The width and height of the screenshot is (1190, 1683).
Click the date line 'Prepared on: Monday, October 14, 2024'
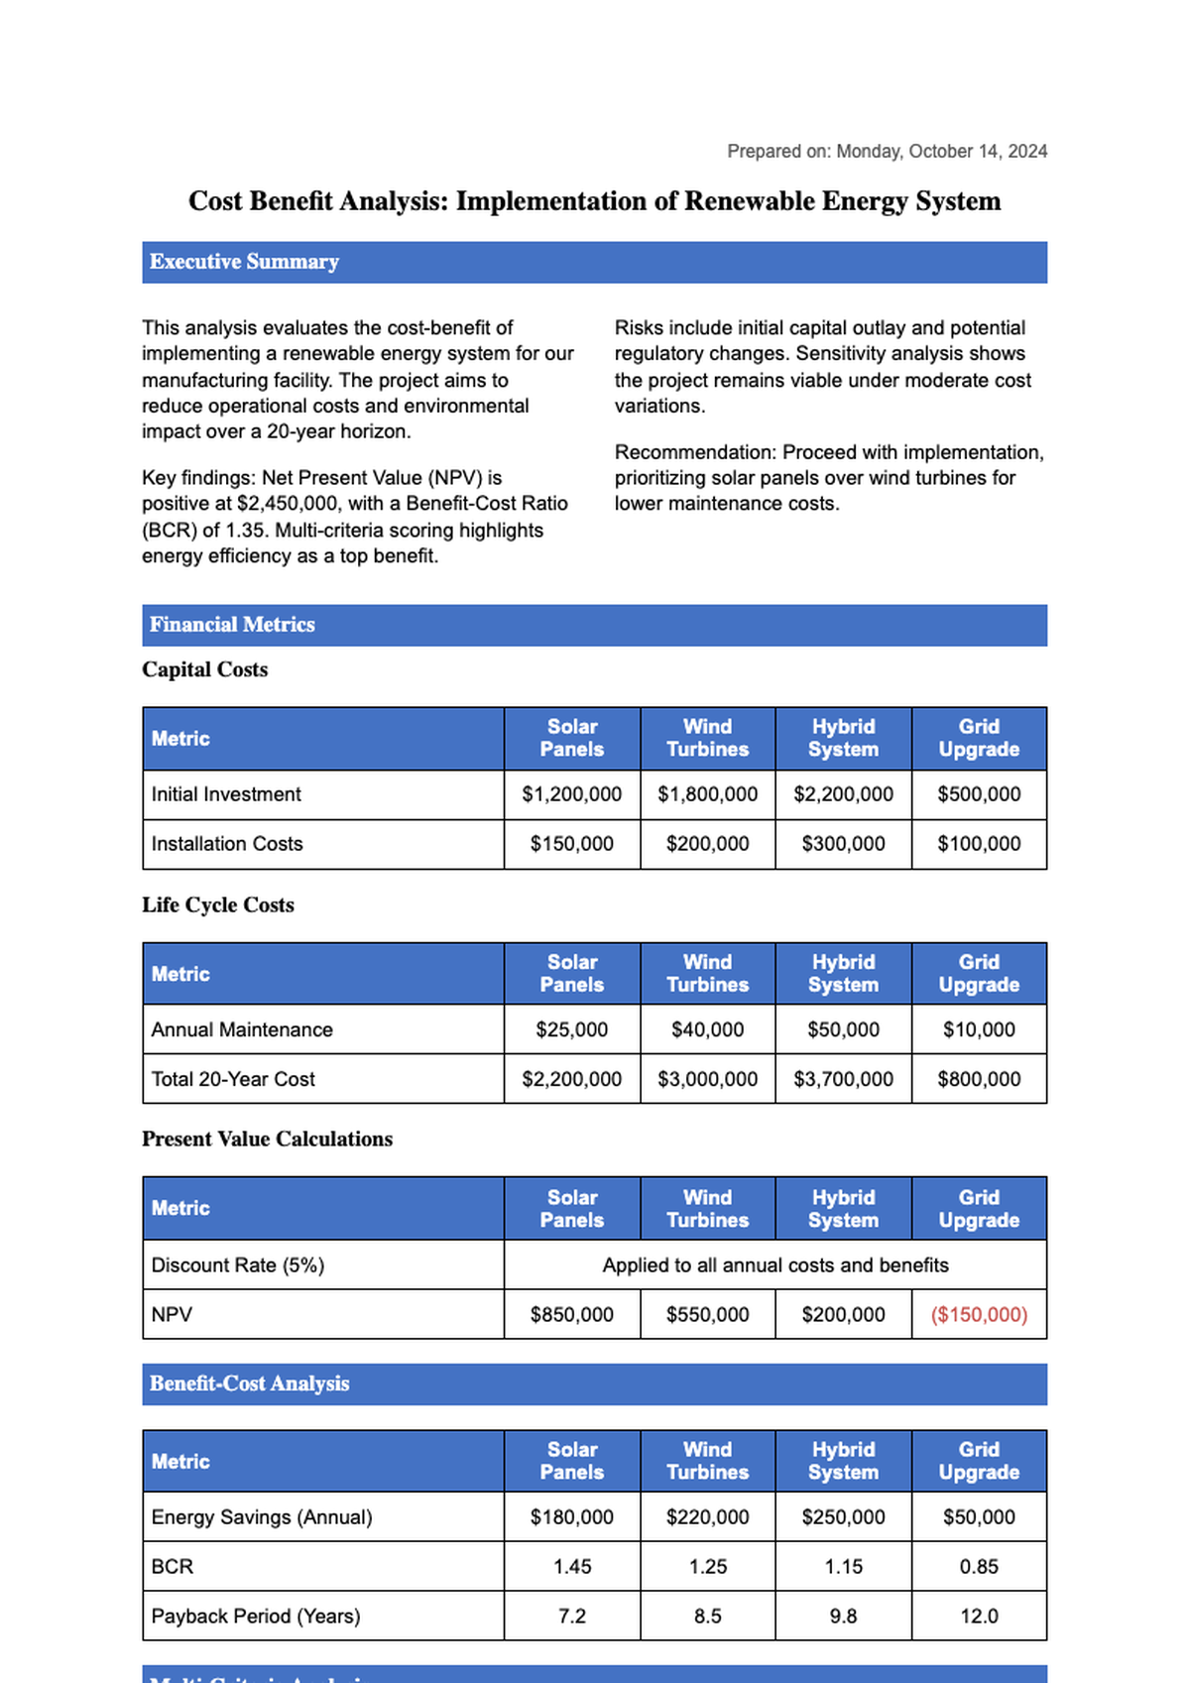pyautogui.click(x=887, y=151)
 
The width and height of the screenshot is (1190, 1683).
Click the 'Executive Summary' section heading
pyautogui.click(x=244, y=262)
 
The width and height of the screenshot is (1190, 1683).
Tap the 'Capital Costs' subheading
pyautogui.click(x=204, y=669)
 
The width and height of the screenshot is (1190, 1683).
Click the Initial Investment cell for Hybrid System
pyautogui.click(x=843, y=794)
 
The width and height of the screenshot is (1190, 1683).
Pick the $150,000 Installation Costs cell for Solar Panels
pyautogui.click(x=571, y=844)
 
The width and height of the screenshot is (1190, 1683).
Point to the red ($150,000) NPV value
pyautogui.click(x=979, y=1314)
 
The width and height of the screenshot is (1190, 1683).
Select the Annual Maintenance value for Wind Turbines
pyautogui.click(x=707, y=1029)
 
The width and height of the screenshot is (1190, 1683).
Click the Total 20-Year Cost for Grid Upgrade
pyautogui.click(x=979, y=1079)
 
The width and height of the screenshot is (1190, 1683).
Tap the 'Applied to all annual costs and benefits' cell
pyautogui.click(x=774, y=1264)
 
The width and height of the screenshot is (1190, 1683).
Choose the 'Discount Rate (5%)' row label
pyautogui.click(x=237, y=1264)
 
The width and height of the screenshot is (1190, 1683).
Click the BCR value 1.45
pyautogui.click(x=571, y=1566)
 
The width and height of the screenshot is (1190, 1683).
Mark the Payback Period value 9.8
pyautogui.click(x=843, y=1616)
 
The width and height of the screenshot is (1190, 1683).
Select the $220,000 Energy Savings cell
pyautogui.click(x=707, y=1516)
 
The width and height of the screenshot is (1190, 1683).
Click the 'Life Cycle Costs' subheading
pyautogui.click(x=217, y=904)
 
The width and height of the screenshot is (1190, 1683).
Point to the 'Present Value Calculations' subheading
pyautogui.click(x=267, y=1139)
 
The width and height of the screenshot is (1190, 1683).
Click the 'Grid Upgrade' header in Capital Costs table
pyautogui.click(x=979, y=738)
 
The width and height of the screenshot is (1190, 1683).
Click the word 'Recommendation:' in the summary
pyautogui.click(x=695, y=452)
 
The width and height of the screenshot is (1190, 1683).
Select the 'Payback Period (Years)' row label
pyautogui.click(x=255, y=1616)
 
